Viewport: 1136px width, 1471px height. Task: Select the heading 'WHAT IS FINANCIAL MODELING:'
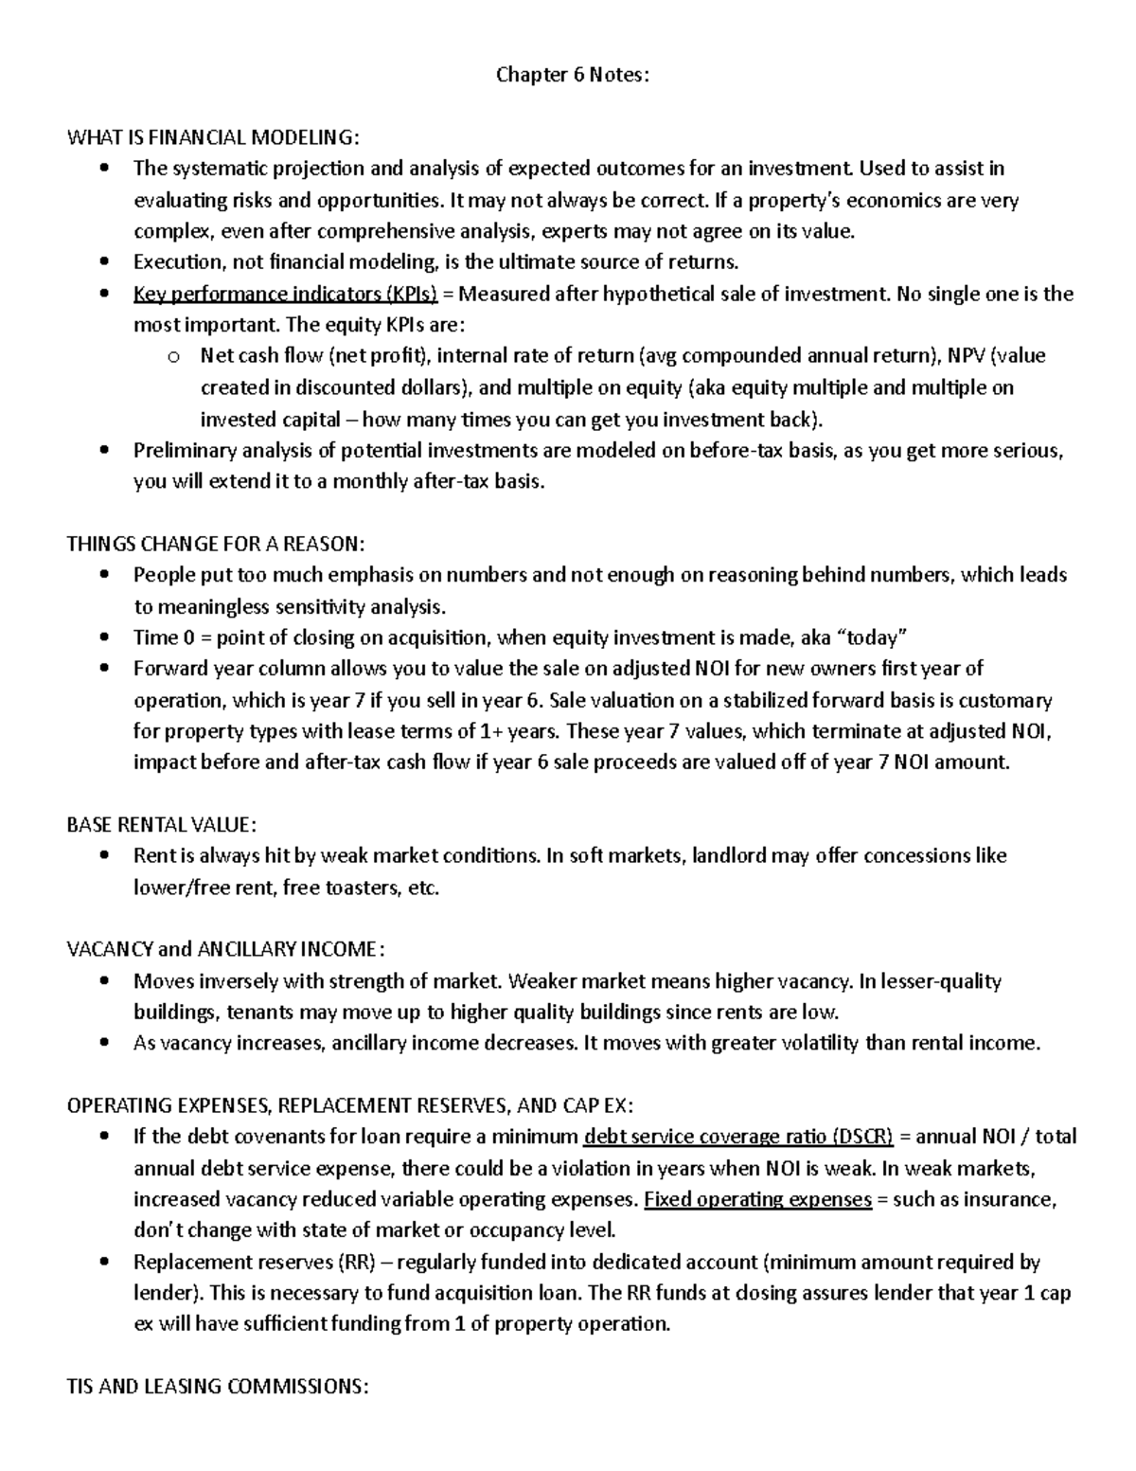(213, 137)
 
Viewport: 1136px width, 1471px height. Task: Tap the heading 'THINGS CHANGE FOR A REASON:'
(215, 544)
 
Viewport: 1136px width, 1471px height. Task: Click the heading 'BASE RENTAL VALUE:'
(161, 824)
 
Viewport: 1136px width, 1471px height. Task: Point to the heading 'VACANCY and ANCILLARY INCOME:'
(226, 949)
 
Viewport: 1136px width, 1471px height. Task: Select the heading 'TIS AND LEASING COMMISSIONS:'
(217, 1386)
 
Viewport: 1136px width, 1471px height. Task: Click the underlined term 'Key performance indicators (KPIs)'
(285, 294)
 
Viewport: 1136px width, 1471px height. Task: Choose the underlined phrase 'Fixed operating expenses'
(757, 1199)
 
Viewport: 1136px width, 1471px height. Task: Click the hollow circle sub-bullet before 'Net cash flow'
(171, 357)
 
